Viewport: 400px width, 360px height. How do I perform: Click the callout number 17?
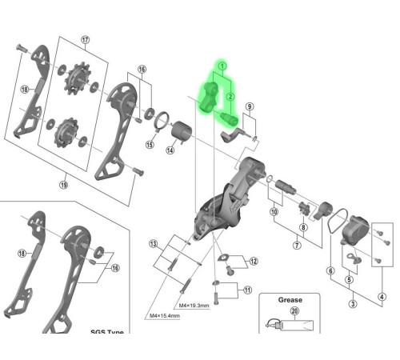[86, 40]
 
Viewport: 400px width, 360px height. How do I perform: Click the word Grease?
[290, 301]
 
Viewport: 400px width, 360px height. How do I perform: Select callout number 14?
[170, 150]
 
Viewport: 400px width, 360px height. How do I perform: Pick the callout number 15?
[149, 145]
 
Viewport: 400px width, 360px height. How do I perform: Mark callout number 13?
[153, 243]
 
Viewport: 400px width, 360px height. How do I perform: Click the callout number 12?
[254, 261]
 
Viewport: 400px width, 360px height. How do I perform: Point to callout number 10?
[274, 212]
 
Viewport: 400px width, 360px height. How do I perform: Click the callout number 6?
[330, 270]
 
